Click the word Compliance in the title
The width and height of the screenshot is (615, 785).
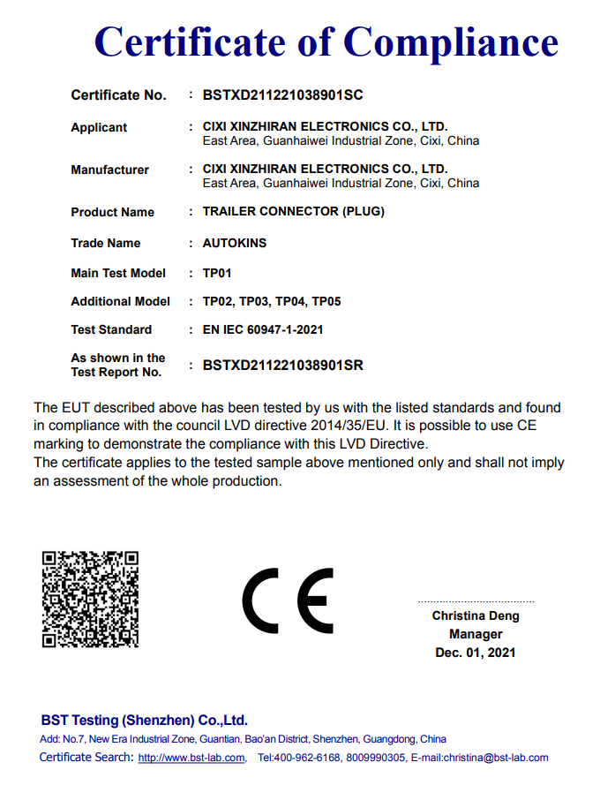tap(451, 42)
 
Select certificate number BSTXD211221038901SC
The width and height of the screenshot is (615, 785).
tap(282, 94)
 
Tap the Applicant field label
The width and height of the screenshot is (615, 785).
tap(99, 127)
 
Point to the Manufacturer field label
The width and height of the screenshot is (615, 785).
tap(109, 170)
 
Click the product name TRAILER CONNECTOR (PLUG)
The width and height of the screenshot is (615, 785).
tap(293, 212)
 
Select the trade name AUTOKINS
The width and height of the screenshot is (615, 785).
tap(234, 243)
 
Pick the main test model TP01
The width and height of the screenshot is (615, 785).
tap(217, 273)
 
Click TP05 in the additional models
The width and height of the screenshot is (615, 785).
tap(326, 301)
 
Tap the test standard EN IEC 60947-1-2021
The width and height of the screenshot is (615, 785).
tap(263, 329)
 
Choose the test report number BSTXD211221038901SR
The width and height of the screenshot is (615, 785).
tap(283, 365)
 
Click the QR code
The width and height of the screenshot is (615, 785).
tap(91, 598)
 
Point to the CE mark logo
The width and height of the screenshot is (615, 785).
tap(289, 600)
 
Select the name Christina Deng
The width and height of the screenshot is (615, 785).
tap(476, 615)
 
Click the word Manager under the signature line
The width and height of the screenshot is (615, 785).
tap(476, 634)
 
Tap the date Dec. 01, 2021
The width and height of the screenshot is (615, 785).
tap(476, 653)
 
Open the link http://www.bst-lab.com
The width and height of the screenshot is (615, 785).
tap(191, 758)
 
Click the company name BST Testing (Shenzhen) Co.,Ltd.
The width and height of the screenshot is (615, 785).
tap(144, 720)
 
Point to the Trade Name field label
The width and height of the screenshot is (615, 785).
tap(105, 243)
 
